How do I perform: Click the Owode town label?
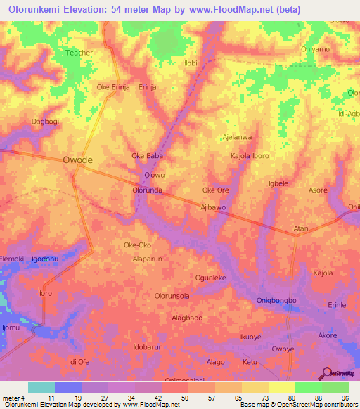pos(77,160)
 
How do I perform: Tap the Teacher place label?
pos(79,52)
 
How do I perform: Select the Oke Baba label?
pos(148,155)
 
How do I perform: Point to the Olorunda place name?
pos(148,190)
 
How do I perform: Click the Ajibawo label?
pos(213,207)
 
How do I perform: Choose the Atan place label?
pos(301,229)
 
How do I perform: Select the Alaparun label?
pos(148,258)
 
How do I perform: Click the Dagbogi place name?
pos(25,122)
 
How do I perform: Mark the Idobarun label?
pos(148,347)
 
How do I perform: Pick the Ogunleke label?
pos(210,278)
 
